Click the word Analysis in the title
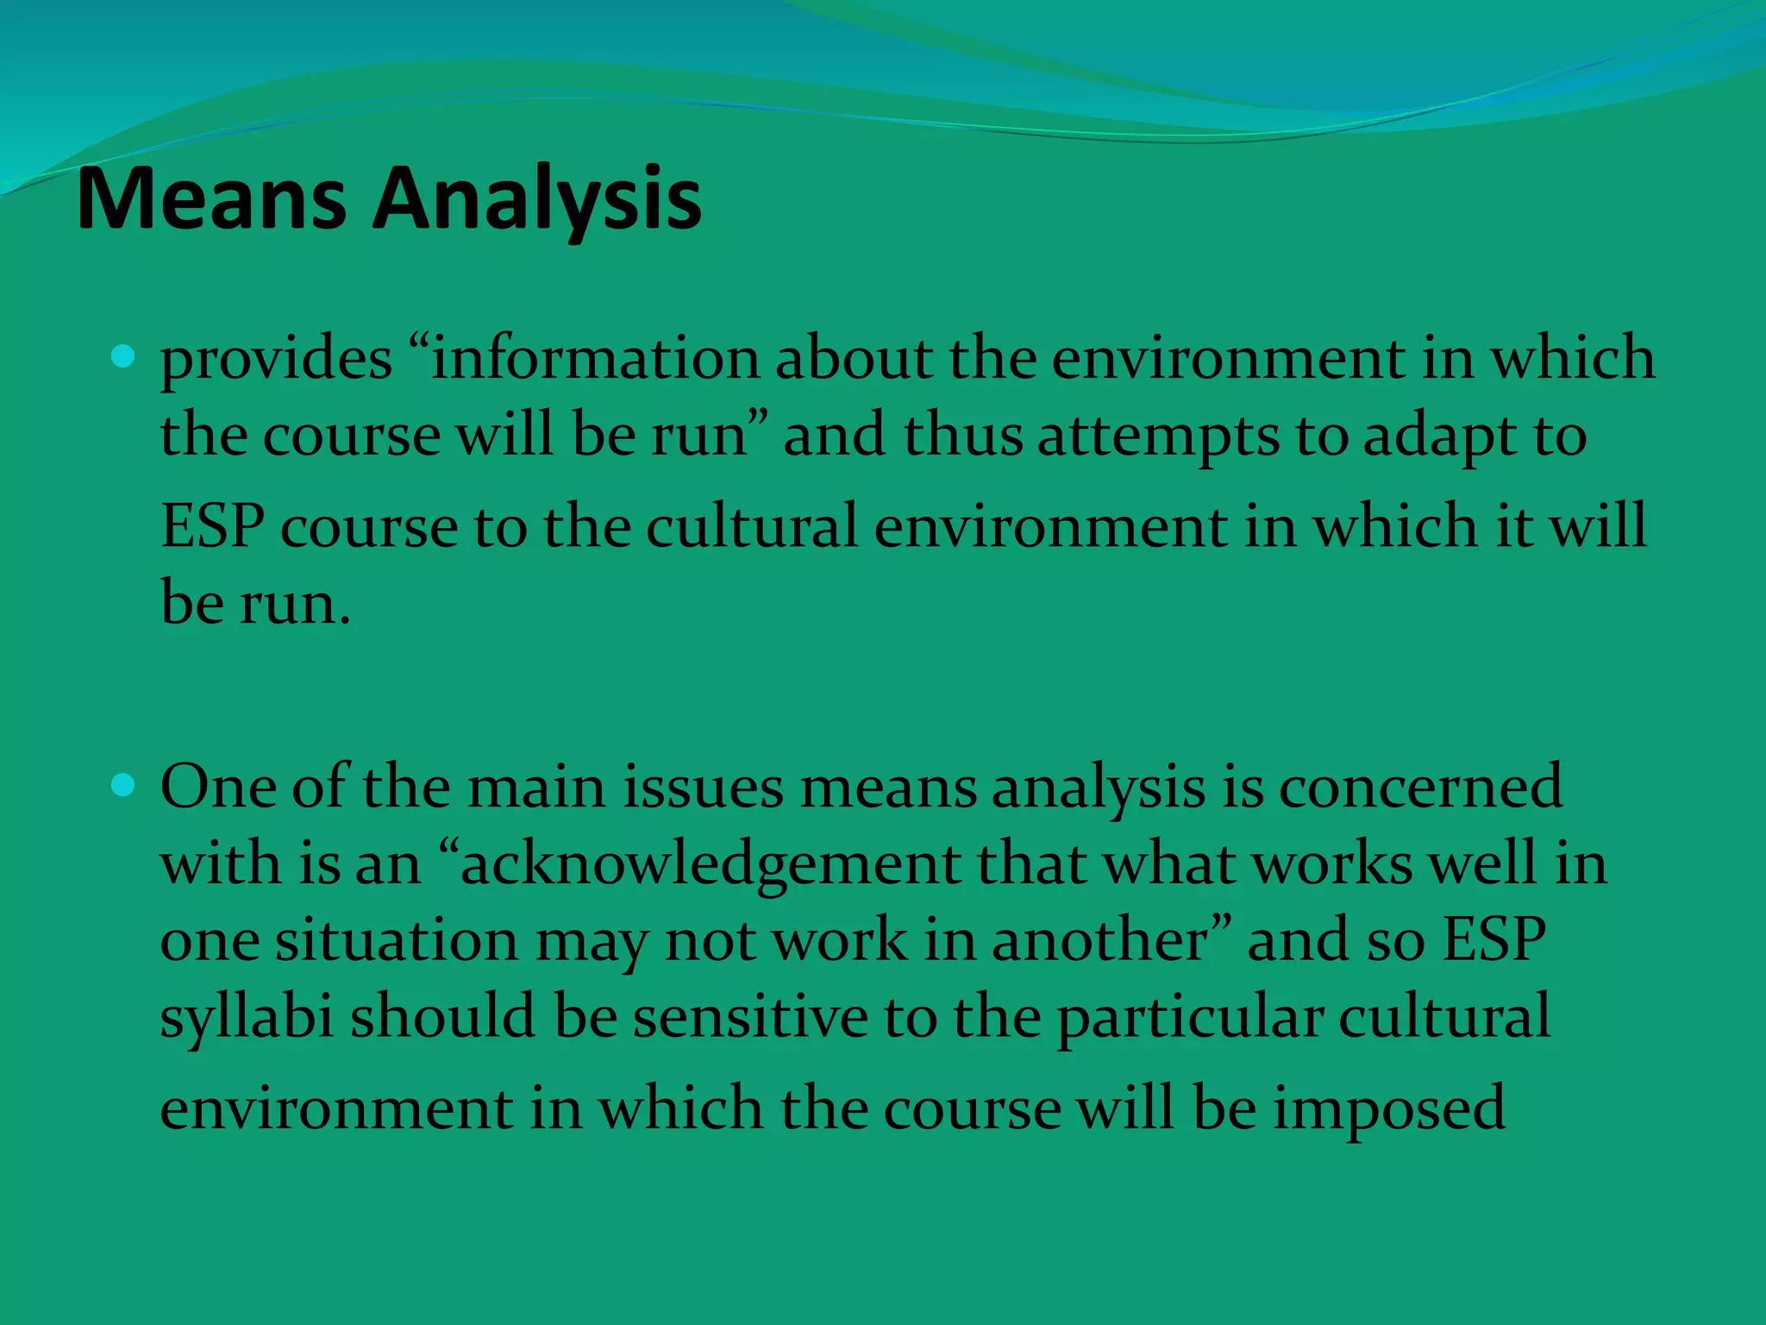click(536, 200)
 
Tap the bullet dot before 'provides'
click(123, 356)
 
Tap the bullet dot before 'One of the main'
click(123, 785)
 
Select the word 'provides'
click(276, 358)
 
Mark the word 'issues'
click(703, 787)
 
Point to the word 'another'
click(1100, 939)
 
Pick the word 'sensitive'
click(750, 1016)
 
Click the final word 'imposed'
click(1388, 1108)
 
